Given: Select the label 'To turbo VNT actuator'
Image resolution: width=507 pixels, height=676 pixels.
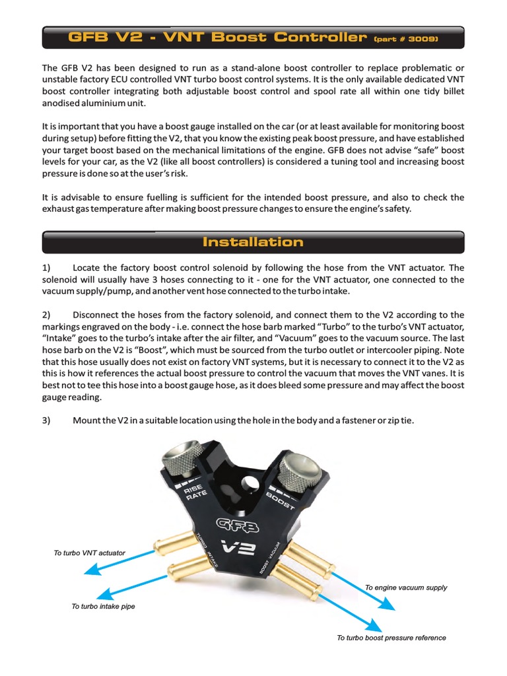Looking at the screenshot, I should (89, 553).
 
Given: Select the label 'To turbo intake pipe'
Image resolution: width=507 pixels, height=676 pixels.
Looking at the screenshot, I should (103, 606).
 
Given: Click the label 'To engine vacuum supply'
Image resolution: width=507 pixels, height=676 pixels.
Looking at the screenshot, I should (406, 587).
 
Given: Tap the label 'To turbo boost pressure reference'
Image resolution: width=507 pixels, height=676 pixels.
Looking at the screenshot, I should (391, 638).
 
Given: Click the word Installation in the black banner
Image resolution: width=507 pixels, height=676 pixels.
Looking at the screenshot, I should (253, 242).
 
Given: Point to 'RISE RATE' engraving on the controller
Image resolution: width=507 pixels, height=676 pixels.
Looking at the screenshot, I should (191, 492).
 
